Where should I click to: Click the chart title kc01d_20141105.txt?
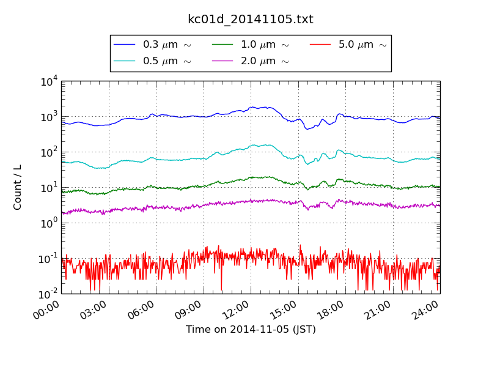click(x=250, y=20)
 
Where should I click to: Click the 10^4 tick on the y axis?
click(x=48, y=81)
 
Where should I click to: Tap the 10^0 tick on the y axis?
click(x=48, y=223)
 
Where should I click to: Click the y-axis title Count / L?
click(x=18, y=187)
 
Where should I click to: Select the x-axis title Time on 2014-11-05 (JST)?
click(x=251, y=330)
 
